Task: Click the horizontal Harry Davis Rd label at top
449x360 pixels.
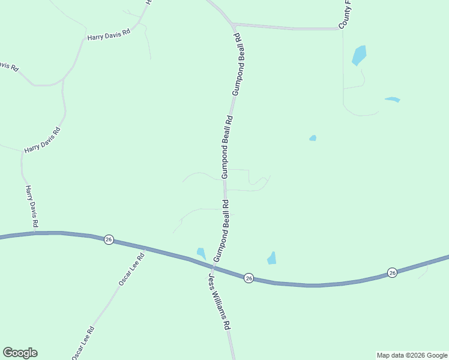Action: [109, 36]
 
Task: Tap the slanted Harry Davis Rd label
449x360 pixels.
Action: [42, 140]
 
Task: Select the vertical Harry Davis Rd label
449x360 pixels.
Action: [32, 206]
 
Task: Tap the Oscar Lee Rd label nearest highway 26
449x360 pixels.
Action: [131, 269]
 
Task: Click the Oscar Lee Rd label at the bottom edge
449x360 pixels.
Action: [83, 343]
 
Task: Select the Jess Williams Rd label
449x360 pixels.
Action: [220, 301]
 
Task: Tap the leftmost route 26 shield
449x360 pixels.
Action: [108, 239]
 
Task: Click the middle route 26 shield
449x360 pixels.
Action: [249, 278]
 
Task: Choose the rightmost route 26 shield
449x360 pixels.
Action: [392, 272]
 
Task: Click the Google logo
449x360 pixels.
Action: [20, 353]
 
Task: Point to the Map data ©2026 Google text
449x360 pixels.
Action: [412, 355]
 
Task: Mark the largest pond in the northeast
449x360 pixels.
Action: [358, 55]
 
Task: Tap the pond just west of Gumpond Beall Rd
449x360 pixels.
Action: [201, 253]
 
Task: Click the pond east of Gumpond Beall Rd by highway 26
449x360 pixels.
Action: [272, 259]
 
